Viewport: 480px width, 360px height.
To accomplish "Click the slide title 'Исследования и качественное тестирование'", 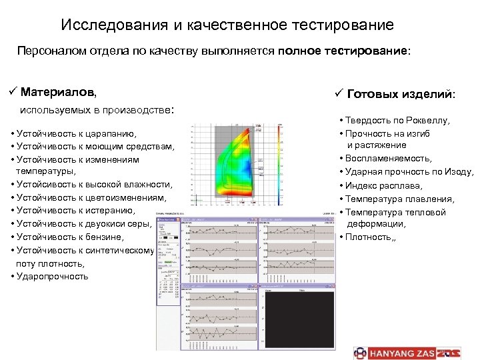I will tap(227, 25).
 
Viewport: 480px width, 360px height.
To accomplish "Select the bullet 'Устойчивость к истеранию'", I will tap(78, 211).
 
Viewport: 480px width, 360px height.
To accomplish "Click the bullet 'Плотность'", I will tap(369, 237).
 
